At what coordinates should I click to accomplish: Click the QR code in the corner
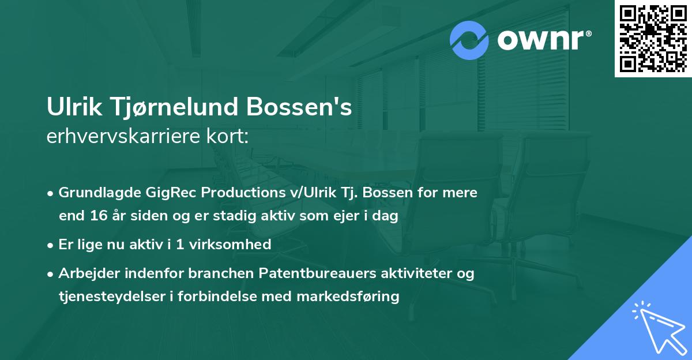653,39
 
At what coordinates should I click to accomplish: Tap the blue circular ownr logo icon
469,40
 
